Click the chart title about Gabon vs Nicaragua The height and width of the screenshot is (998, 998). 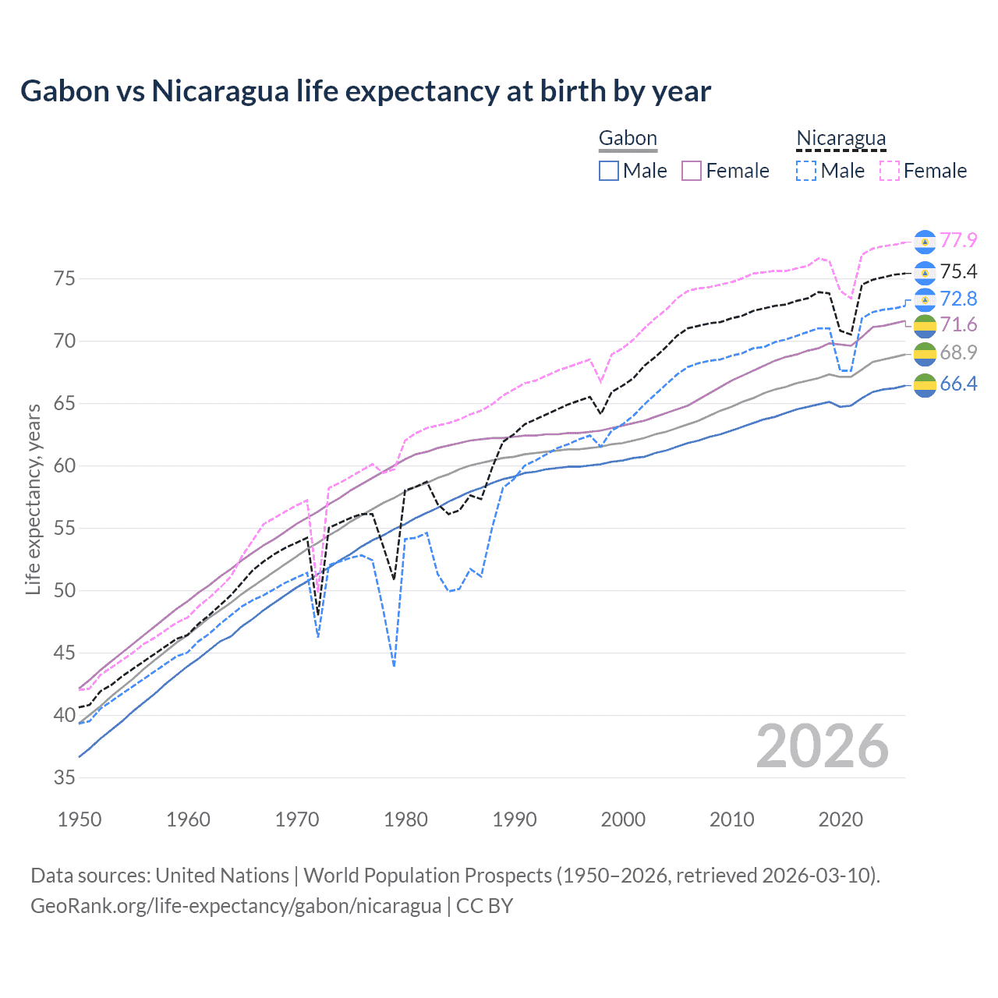pos(365,91)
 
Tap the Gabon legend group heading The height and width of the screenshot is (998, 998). pos(628,139)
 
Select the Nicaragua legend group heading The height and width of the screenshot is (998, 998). pos(841,139)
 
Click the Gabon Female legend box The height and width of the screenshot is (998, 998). pos(692,171)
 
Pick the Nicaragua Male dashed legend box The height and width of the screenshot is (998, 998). pos(806,171)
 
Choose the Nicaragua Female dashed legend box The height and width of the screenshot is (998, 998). pos(890,171)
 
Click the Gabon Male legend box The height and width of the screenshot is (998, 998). pos(609,171)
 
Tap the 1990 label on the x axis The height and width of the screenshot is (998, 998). pos(515,819)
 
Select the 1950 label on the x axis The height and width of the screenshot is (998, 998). pos(80,819)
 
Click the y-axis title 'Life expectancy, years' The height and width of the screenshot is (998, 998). pos(33,499)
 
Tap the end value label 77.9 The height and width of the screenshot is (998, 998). pos(958,240)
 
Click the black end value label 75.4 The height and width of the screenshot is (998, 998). pos(958,271)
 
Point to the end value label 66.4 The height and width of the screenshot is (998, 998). pos(958,384)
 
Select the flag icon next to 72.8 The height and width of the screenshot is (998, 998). pos(925,299)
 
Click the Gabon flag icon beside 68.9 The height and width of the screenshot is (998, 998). pos(925,353)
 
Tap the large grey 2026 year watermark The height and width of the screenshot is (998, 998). pos(822,746)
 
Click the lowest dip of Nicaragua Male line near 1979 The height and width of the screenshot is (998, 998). pos(395,666)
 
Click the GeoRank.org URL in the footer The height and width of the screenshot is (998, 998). pos(235,906)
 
